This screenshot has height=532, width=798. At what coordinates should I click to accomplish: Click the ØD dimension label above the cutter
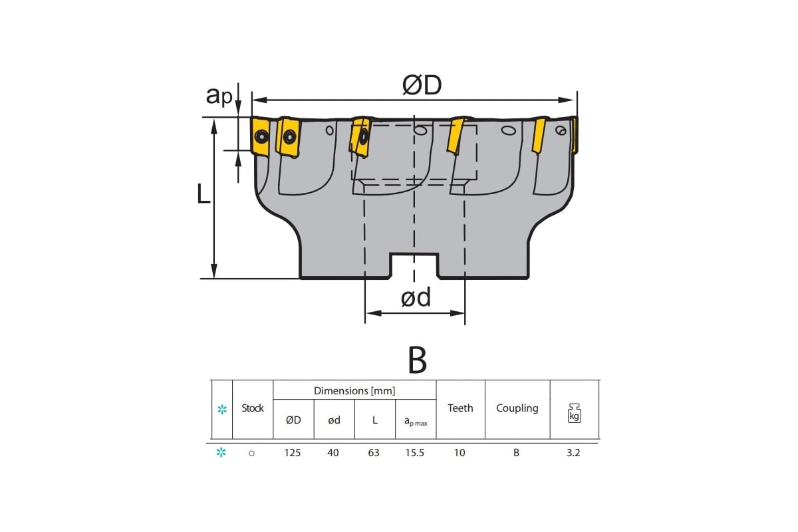tap(422, 85)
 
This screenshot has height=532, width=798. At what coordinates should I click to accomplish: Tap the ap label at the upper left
tap(219, 95)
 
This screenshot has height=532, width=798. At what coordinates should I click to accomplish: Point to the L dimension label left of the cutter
tap(203, 194)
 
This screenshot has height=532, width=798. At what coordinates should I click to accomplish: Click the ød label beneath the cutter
tap(416, 297)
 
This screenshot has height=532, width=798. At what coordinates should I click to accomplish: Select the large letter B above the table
tap(417, 360)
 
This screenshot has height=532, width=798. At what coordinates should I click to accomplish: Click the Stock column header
tap(253, 408)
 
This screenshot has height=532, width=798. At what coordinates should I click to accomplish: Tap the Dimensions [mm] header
tap(354, 391)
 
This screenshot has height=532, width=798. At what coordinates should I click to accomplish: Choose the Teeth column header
tap(460, 408)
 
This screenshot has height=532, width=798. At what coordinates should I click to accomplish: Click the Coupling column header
tap(517, 408)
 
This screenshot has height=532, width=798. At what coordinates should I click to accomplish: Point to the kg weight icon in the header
tap(575, 413)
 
